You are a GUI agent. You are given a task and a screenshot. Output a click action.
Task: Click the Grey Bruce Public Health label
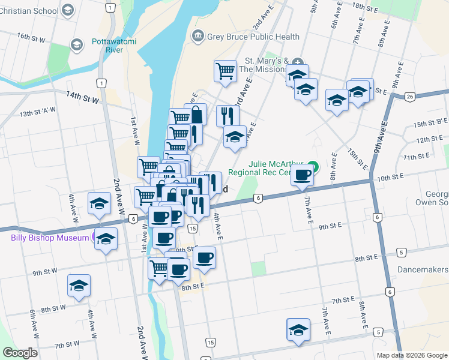pyautogui.click(x=253, y=37)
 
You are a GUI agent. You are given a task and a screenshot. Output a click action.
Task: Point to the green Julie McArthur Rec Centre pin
pyautogui.click(x=312, y=167)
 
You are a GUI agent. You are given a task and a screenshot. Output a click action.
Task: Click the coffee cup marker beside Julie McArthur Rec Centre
pyautogui.click(x=302, y=176)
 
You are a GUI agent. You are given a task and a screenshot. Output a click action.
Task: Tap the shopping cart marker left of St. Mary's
pyautogui.click(x=225, y=71)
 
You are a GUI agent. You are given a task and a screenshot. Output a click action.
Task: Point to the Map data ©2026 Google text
pyautogui.click(x=411, y=355)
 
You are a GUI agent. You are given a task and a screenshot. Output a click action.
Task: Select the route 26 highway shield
pyautogui.click(x=410, y=97)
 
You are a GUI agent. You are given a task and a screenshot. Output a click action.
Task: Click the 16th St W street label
pyautogui.click(x=31, y=37)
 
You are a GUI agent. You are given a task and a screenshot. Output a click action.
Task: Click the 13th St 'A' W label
pyautogui.click(x=37, y=112)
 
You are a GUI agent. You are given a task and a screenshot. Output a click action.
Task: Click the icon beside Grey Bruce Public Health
pyautogui.click(x=197, y=37)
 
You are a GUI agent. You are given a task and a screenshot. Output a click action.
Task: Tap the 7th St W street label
pyautogui.click(x=67, y=345)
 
